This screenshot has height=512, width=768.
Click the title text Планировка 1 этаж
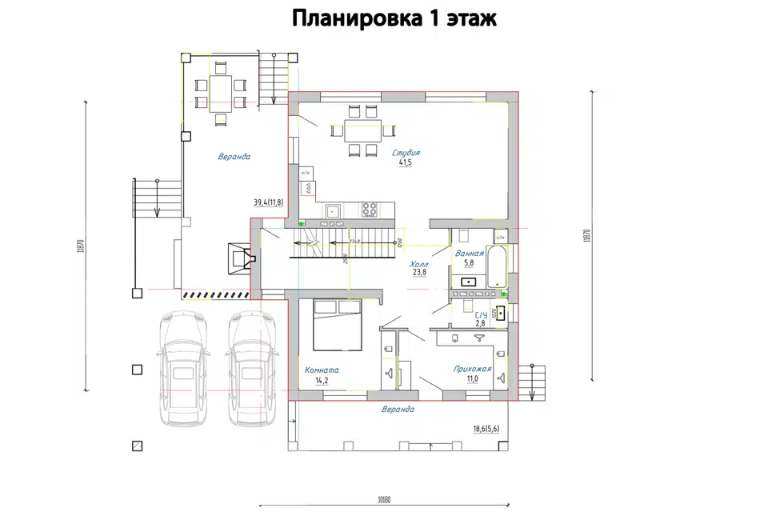tap(394, 18)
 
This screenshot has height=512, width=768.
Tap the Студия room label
tap(406, 152)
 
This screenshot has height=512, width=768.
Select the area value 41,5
tap(406, 163)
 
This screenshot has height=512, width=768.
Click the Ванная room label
tap(470, 254)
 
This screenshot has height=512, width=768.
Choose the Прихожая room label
tap(472, 369)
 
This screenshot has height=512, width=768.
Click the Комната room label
tap(322, 370)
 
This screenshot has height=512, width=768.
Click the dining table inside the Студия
tap(362, 130)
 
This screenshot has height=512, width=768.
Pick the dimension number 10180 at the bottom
tap(385, 501)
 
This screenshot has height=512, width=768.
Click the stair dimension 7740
tap(354, 241)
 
